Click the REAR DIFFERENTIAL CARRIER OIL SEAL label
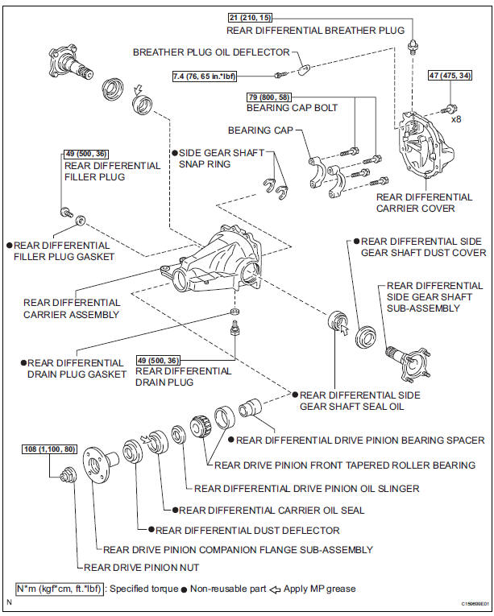point(272,509)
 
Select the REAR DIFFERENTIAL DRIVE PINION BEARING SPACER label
point(360,440)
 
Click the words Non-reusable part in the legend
point(227,589)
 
